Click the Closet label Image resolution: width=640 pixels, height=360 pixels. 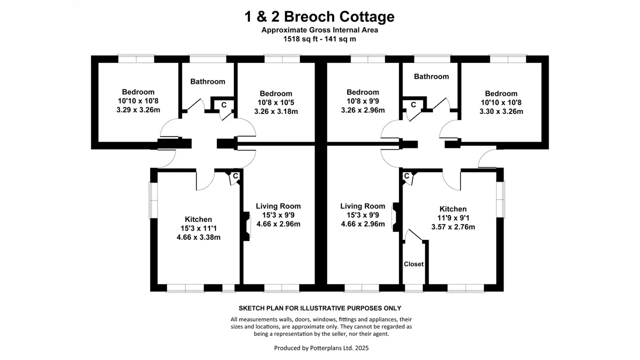click(x=413, y=264)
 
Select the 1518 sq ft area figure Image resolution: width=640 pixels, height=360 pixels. click(x=300, y=39)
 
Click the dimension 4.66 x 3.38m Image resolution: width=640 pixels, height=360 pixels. click(x=198, y=237)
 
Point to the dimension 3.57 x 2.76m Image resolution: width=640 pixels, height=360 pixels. click(x=453, y=227)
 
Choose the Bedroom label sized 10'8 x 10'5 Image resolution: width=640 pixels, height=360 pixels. click(x=275, y=93)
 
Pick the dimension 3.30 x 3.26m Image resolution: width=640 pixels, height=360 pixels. click(x=501, y=111)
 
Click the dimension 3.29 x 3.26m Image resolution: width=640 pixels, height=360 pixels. click(x=138, y=109)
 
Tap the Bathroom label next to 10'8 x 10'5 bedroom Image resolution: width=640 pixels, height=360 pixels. click(x=207, y=81)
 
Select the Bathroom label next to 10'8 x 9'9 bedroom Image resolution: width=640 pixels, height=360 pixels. click(x=431, y=76)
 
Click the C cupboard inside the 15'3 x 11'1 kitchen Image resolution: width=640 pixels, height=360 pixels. click(x=235, y=176)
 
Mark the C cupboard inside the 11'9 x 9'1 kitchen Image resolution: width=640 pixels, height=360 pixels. click(x=406, y=176)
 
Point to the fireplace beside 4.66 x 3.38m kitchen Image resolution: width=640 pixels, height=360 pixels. click(x=246, y=226)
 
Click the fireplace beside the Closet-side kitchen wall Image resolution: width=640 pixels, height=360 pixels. click(x=396, y=217)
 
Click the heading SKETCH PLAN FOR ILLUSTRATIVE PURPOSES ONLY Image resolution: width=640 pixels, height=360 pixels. click(x=319, y=308)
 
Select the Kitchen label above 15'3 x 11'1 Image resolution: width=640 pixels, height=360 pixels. click(x=198, y=219)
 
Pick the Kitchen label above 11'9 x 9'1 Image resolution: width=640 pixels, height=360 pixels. click(x=453, y=209)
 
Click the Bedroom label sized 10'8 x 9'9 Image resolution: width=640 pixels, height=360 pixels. click(x=362, y=92)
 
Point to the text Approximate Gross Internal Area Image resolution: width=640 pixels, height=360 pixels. click(x=319, y=30)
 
